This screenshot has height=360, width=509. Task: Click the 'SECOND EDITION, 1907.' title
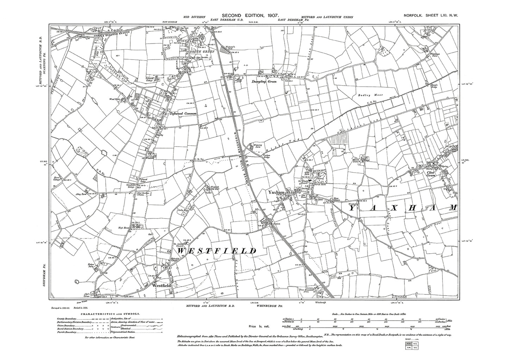pos(250,16)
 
